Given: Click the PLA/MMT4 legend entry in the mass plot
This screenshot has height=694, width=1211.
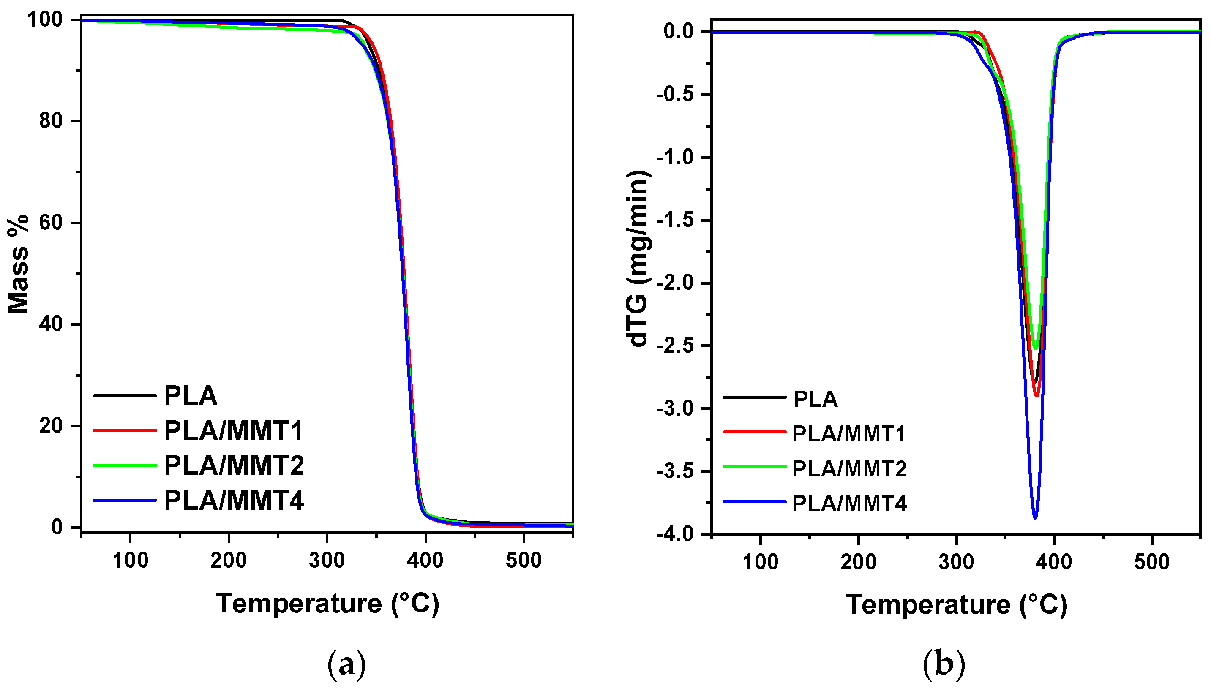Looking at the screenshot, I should [x=234, y=501].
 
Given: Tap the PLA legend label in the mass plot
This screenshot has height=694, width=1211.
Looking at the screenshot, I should [x=191, y=396].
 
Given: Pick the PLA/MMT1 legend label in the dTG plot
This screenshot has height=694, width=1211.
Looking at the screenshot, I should [x=848, y=434].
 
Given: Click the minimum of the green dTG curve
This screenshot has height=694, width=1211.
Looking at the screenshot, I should [x=1035, y=349].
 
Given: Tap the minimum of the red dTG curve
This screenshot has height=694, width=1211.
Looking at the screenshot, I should [x=1036, y=396].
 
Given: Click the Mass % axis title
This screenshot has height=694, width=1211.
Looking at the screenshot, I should [x=19, y=264].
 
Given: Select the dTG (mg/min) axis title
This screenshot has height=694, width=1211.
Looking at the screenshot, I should [x=638, y=258].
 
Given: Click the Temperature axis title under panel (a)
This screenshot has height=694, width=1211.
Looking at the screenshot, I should [x=327, y=604].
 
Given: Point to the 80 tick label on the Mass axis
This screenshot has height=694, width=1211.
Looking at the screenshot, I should [x=52, y=121].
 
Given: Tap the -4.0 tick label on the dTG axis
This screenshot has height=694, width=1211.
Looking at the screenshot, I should [x=676, y=534].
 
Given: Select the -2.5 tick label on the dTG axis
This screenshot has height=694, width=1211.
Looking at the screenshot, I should [x=676, y=346].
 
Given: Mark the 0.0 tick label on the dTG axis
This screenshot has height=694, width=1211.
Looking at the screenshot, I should [x=679, y=32].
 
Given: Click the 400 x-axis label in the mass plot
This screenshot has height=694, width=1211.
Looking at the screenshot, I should [x=425, y=561].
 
